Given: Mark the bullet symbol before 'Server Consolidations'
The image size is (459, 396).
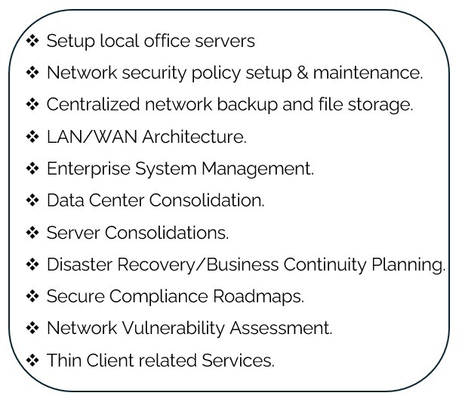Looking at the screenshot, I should [x=32, y=232].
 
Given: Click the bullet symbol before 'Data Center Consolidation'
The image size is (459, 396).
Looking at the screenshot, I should [x=32, y=200].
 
